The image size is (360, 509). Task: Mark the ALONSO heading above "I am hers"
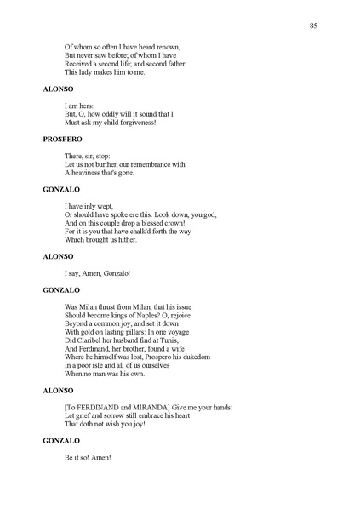point(58,88)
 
